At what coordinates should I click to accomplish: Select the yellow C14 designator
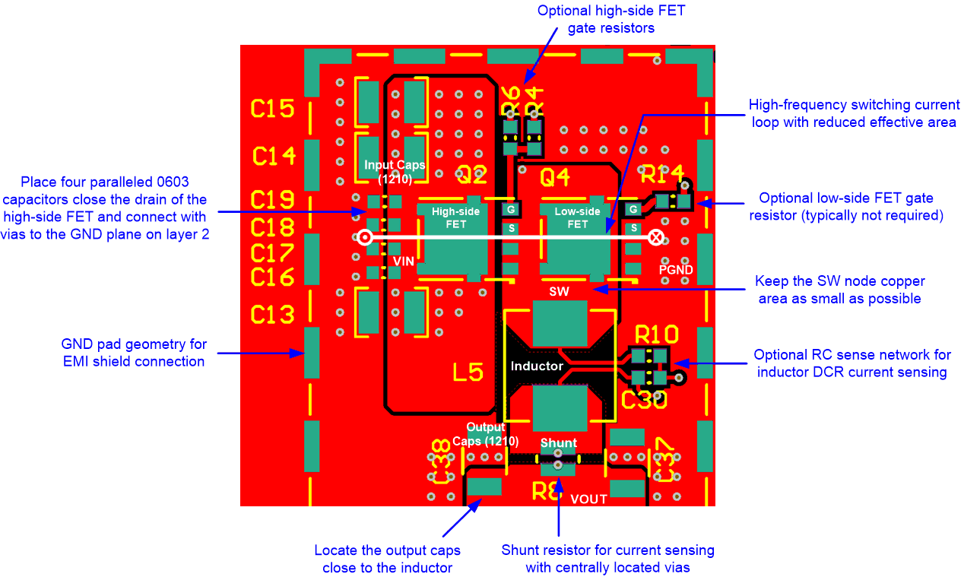[274, 157]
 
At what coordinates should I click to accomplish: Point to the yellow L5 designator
[468, 373]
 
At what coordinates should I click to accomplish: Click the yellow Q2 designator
[471, 178]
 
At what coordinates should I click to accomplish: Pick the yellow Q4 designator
[554, 178]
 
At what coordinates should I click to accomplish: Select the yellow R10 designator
[657, 334]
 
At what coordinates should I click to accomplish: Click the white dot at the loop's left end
[365, 237]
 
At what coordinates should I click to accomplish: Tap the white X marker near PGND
[656, 237]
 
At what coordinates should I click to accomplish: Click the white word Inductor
[537, 366]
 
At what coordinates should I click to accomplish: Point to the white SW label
[559, 291]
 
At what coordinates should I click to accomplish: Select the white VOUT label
[588, 499]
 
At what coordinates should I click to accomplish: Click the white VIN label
[404, 261]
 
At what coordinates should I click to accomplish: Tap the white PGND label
[676, 269]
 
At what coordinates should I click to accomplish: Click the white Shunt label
[558, 442]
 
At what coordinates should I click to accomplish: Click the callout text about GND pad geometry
[135, 353]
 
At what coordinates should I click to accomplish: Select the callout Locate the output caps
[387, 559]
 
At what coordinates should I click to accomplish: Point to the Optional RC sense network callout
[851, 363]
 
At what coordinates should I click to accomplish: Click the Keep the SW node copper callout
[839, 290]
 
